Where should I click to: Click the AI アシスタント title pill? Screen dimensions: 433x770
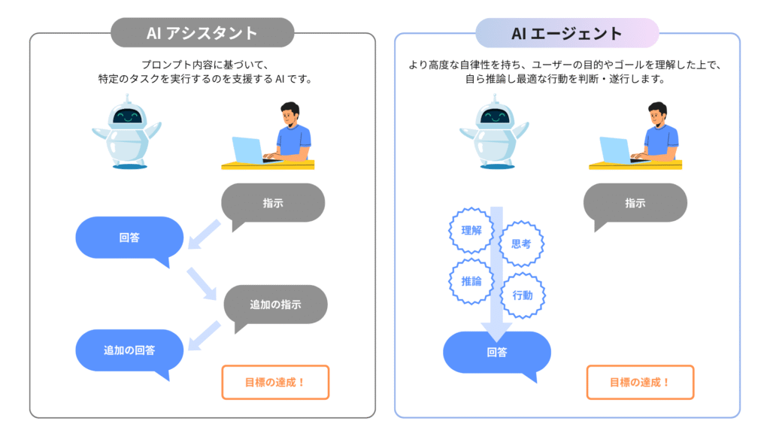point(202,33)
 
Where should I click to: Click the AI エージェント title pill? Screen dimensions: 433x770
point(567,33)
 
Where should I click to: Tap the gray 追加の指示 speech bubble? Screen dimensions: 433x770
point(276,305)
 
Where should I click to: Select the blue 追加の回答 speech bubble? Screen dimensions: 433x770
point(129,350)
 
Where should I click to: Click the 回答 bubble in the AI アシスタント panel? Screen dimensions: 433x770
point(129,238)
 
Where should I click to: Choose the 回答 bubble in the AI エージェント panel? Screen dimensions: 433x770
point(497,352)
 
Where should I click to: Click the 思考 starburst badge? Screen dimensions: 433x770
point(521,244)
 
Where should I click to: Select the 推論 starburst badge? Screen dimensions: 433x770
point(471,282)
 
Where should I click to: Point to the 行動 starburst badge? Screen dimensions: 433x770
point(522,295)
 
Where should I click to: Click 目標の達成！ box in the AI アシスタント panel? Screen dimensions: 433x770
point(275,382)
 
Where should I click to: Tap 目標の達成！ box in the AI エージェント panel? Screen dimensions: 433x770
point(640,382)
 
